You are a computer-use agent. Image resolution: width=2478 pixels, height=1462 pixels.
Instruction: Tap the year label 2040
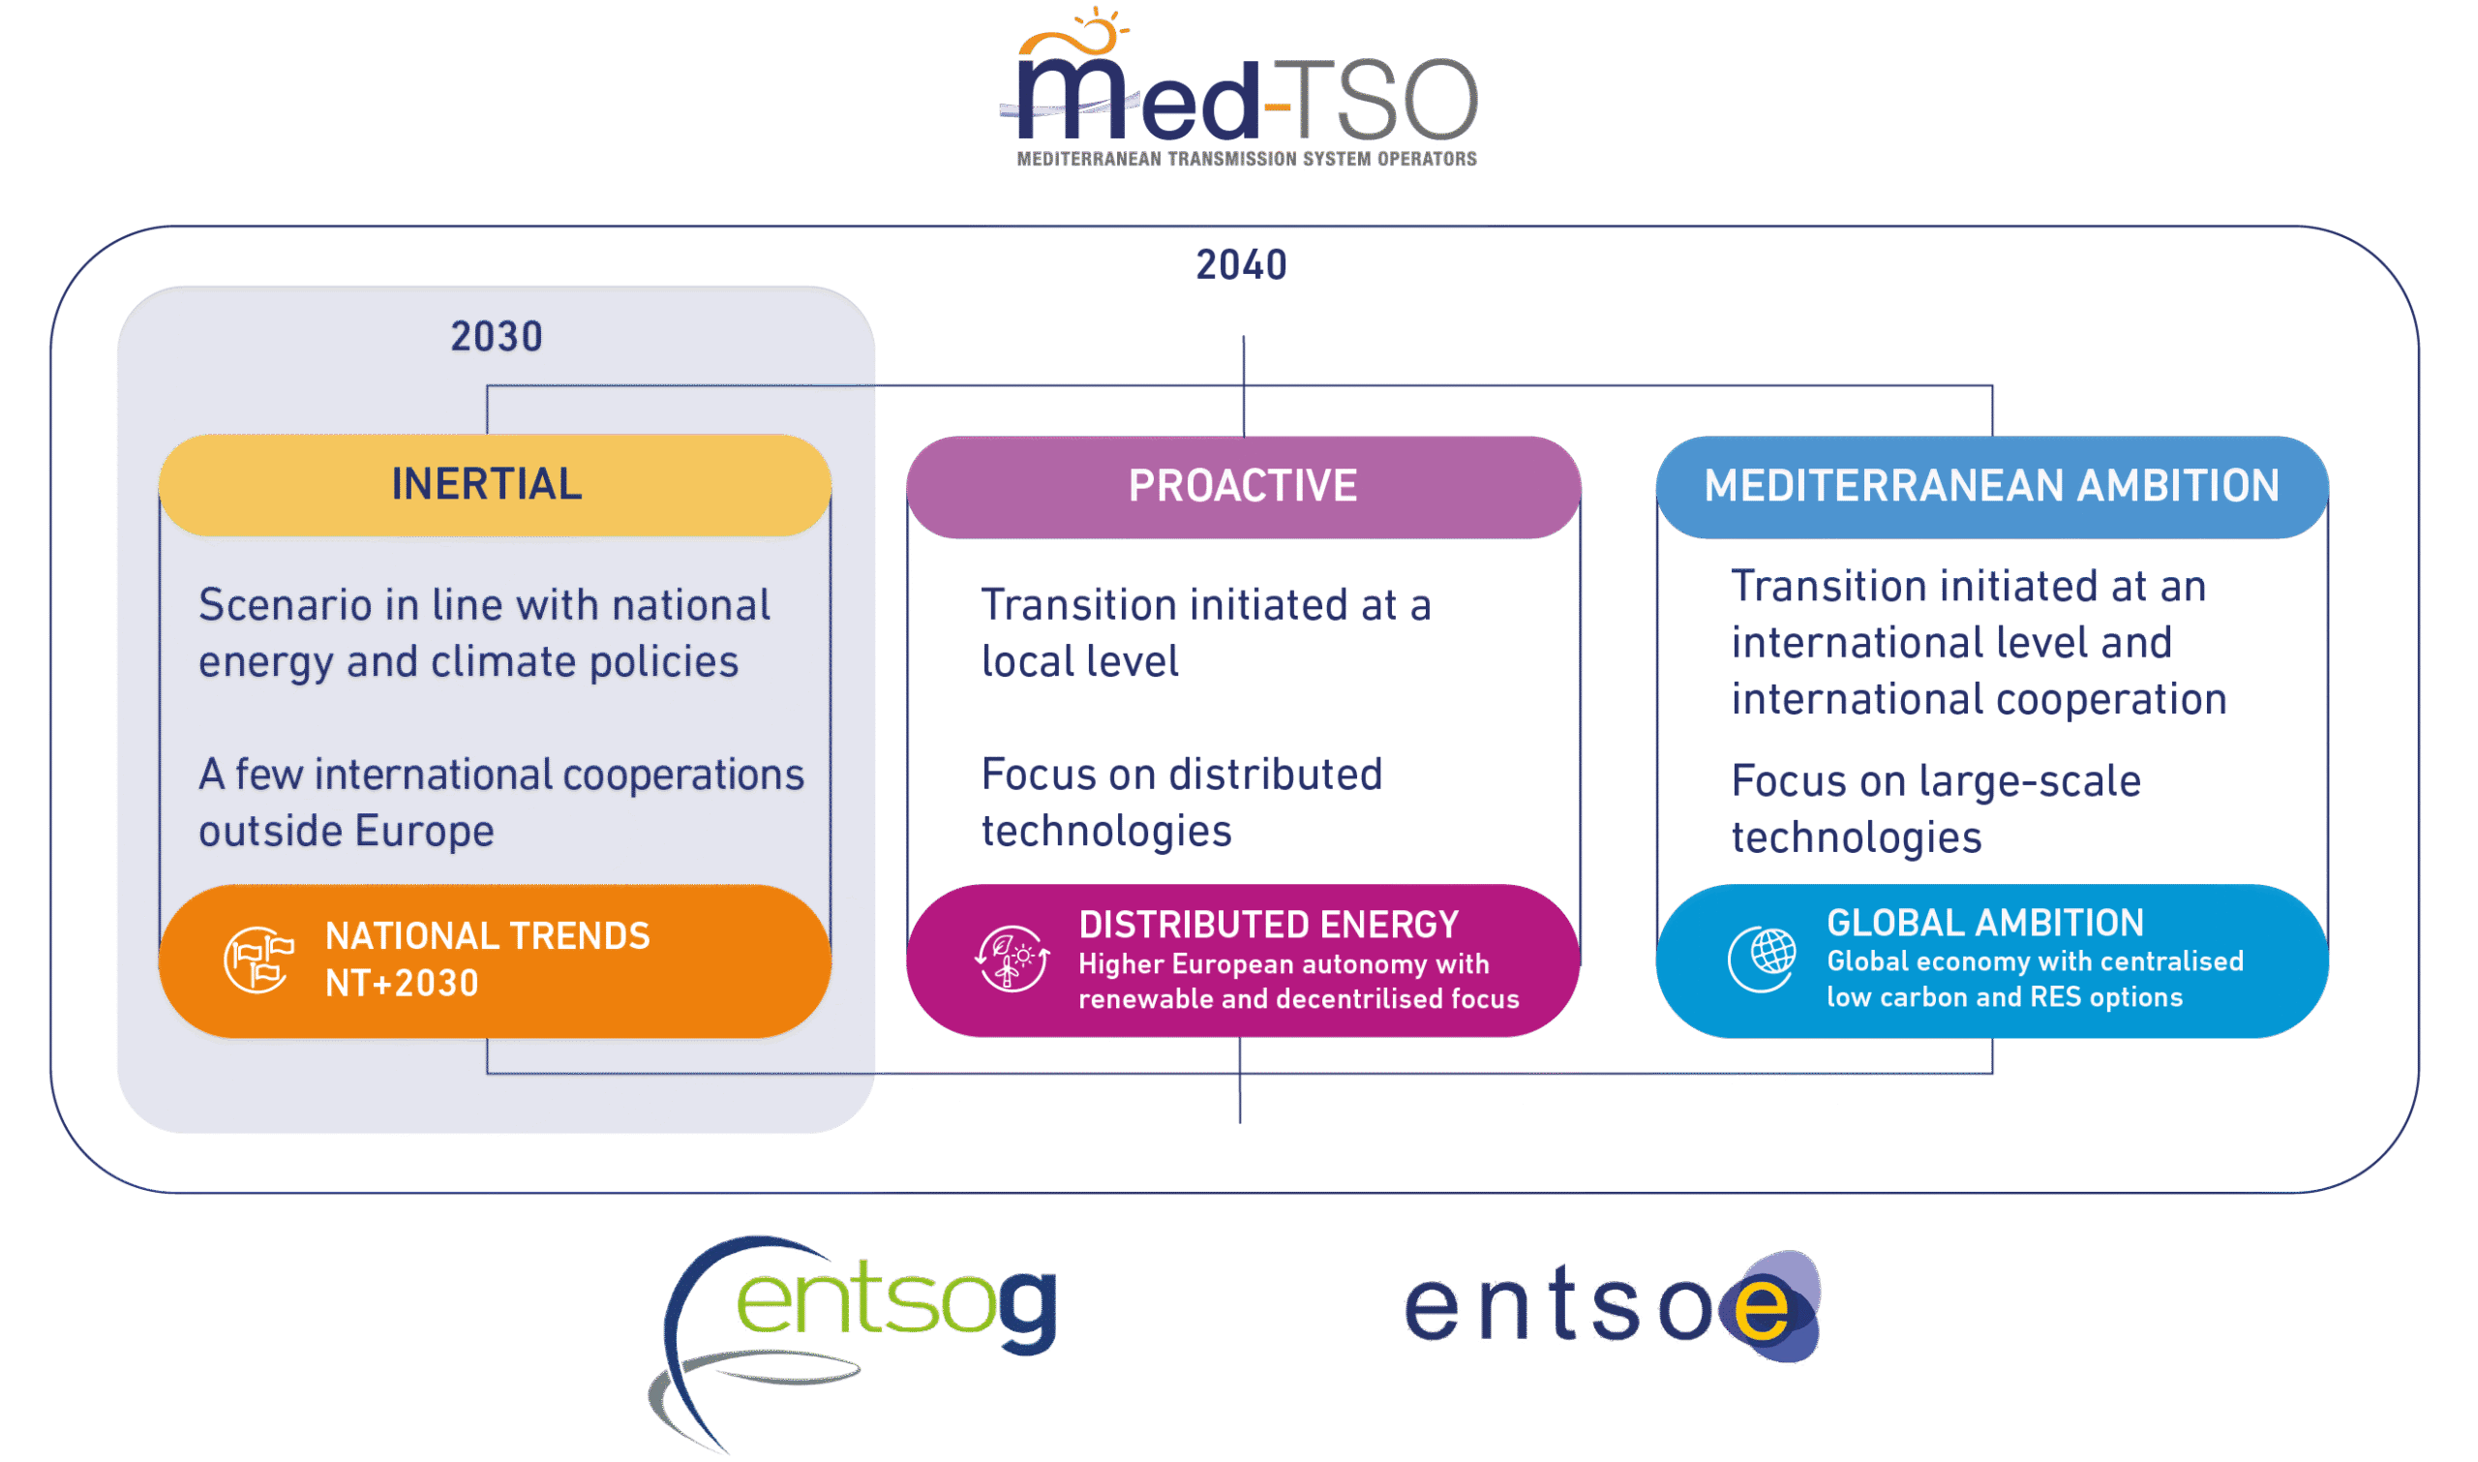click(x=1241, y=265)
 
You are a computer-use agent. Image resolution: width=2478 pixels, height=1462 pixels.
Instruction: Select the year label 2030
click(x=497, y=338)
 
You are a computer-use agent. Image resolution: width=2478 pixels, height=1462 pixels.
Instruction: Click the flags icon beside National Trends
click(x=259, y=959)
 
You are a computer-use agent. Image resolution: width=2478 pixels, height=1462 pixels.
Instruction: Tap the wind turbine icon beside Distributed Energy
click(x=1012, y=959)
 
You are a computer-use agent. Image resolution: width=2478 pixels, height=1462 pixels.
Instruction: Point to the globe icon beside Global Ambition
click(x=1763, y=958)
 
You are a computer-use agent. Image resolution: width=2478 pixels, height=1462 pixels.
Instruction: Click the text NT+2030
click(x=402, y=983)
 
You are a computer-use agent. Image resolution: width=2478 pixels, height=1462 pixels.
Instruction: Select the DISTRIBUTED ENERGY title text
click(x=1269, y=924)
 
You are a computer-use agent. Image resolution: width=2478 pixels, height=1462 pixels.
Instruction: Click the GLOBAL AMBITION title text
click(x=1984, y=923)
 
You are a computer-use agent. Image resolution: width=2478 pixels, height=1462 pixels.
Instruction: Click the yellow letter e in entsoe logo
click(x=1762, y=1308)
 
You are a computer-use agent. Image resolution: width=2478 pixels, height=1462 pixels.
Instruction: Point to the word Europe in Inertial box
click(x=424, y=833)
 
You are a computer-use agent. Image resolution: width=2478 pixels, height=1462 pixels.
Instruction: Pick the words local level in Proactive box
click(x=1079, y=662)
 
